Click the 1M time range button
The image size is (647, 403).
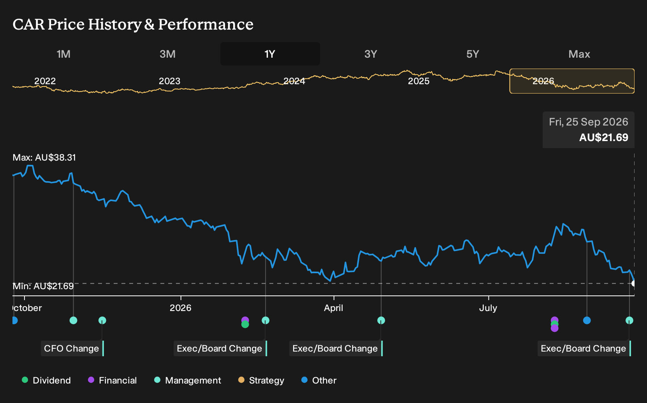(x=63, y=54)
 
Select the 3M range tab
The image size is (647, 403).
(x=167, y=54)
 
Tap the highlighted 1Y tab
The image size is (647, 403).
(x=270, y=54)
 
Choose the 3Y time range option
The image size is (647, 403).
(x=371, y=54)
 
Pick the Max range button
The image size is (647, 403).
(x=579, y=54)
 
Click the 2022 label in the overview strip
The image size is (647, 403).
(x=45, y=81)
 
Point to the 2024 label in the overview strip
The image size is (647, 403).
(x=294, y=81)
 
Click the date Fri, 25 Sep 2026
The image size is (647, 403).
(x=588, y=122)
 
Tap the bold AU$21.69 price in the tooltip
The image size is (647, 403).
(x=604, y=137)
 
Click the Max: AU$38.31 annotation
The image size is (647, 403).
(x=44, y=157)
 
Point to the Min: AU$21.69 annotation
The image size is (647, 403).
(x=43, y=286)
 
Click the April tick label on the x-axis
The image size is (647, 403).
(x=334, y=308)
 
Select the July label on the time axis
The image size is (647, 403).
(x=488, y=308)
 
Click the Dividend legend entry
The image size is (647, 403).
(x=46, y=380)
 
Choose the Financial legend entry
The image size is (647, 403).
(x=113, y=380)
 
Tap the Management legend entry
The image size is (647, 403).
(x=188, y=380)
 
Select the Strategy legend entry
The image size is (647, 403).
(x=261, y=380)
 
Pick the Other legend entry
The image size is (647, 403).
(x=319, y=380)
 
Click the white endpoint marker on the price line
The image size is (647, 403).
(x=633, y=284)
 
